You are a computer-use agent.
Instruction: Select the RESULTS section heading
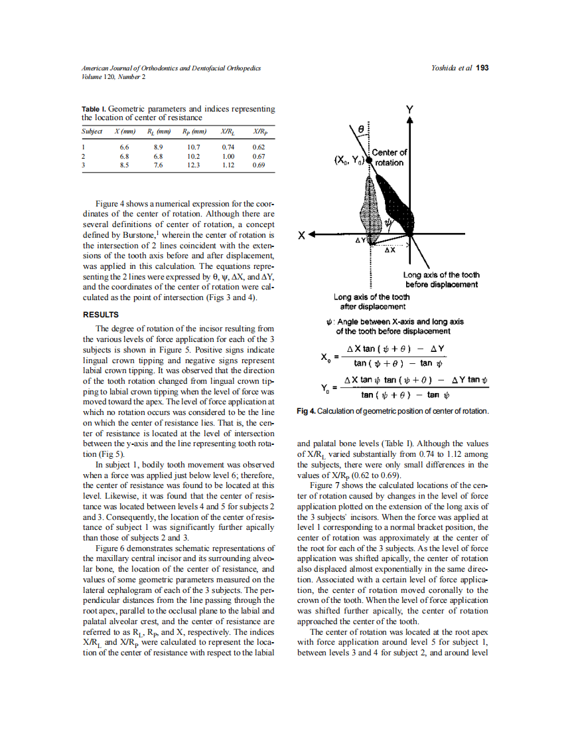point(100,314)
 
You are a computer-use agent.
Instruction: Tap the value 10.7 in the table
point(193,146)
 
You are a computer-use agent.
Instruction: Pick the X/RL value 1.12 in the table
point(228,165)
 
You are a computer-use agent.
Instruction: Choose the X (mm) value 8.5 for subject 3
point(124,165)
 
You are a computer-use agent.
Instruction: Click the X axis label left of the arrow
point(302,234)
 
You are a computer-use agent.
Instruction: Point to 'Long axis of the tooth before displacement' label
point(441,280)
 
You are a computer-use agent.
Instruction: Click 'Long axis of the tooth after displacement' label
point(372,301)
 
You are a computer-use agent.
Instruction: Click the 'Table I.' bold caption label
point(94,108)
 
